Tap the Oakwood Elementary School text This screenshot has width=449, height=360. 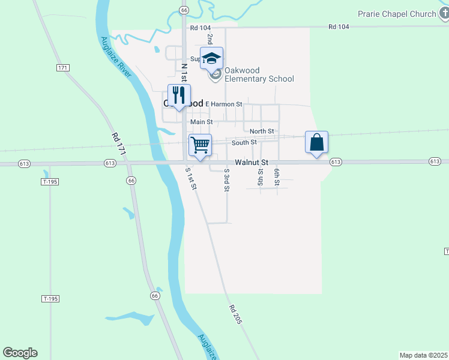point(259,79)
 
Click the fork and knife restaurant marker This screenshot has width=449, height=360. point(179,95)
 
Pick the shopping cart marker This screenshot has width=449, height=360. point(200,145)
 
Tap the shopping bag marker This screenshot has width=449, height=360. point(317,143)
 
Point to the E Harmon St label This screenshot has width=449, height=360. point(223,104)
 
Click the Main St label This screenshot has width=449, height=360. point(202,122)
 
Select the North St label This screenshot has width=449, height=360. point(262,131)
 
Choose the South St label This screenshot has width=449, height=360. point(244,142)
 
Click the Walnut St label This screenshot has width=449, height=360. point(252,162)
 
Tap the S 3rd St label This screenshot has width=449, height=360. point(227,179)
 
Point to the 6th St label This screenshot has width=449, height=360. point(277,177)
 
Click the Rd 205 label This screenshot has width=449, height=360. point(235,314)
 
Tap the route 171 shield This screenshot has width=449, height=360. point(63,67)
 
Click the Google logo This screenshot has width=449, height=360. point(20,353)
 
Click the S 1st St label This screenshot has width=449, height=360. point(191,178)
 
